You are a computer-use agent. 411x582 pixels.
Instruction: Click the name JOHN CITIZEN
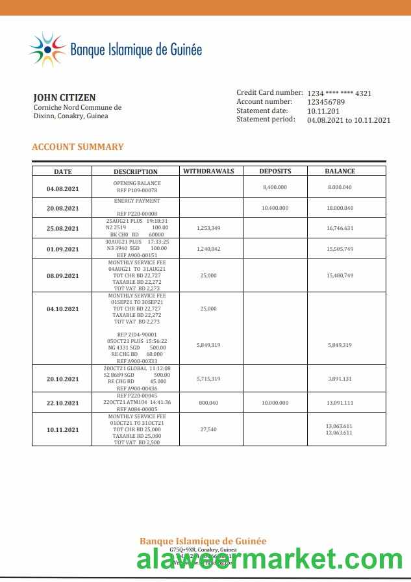coord(64,97)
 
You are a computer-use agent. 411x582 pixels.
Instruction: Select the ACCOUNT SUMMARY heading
coord(78,147)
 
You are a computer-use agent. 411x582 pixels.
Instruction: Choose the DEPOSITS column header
coord(275,171)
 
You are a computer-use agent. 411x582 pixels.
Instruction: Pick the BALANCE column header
coord(340,171)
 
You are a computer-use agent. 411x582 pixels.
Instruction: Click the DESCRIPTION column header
coord(136,172)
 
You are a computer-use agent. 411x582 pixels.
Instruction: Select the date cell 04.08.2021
coord(62,189)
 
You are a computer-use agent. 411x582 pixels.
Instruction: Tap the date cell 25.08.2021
coord(62,229)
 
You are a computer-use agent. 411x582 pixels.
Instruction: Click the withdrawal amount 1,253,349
coord(208,229)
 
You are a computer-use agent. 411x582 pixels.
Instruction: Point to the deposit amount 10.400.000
coord(275,208)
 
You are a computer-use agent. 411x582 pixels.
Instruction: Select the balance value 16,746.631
coord(340,229)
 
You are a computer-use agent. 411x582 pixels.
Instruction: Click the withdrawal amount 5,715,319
coord(208,379)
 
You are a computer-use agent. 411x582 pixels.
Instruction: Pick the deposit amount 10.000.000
coord(275,403)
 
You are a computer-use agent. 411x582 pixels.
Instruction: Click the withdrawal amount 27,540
coord(208,429)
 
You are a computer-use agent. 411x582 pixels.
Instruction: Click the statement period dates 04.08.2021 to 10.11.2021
coord(349,120)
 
